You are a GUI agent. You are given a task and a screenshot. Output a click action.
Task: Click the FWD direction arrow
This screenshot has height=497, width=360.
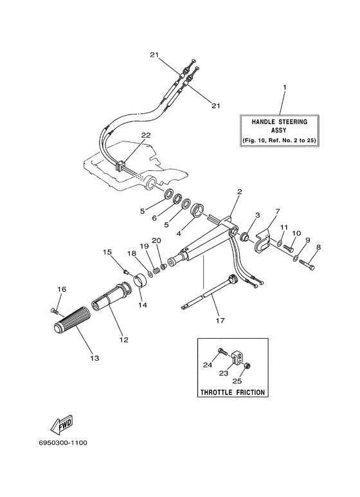(62, 425)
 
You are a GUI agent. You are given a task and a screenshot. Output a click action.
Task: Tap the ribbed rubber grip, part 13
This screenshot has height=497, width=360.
(72, 319)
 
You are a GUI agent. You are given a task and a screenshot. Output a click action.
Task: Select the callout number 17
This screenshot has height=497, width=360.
(220, 320)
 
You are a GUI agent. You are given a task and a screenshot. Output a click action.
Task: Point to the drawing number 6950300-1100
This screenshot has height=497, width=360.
(63, 442)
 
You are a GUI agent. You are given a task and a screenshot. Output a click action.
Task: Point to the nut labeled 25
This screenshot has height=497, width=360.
(248, 366)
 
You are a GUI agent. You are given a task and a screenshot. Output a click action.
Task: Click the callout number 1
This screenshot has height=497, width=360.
(284, 87)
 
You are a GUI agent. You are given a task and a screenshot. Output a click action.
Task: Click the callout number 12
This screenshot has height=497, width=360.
(123, 339)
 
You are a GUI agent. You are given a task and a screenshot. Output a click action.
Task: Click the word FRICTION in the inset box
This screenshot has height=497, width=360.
(250, 392)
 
